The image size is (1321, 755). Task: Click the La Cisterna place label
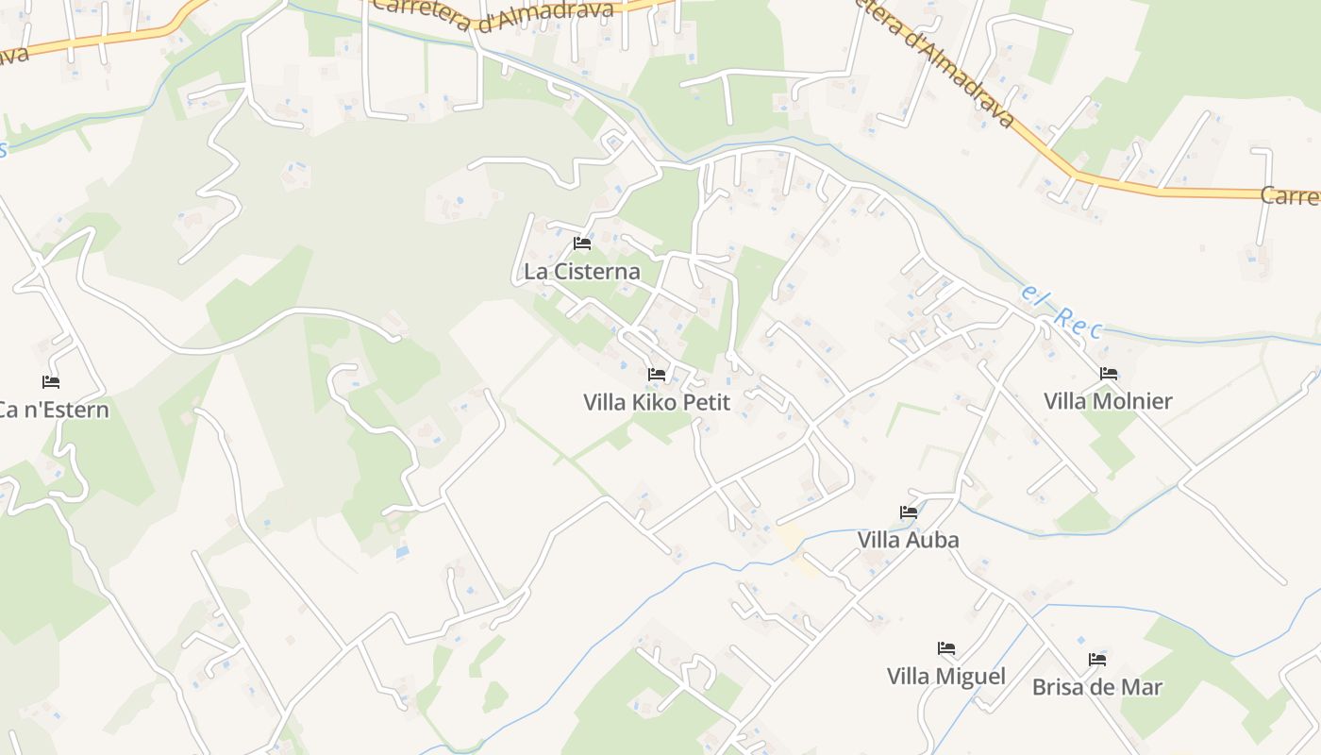(x=582, y=272)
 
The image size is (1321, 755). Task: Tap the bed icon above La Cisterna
(x=582, y=243)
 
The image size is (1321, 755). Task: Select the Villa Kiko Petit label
(x=657, y=402)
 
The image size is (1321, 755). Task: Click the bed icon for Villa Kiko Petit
(x=657, y=375)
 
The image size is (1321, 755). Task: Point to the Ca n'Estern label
(x=53, y=410)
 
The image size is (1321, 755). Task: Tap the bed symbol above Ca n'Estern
(x=51, y=382)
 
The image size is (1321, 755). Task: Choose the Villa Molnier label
(x=1108, y=401)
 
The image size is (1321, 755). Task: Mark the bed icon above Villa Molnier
(x=1109, y=374)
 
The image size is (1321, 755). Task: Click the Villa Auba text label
(x=908, y=540)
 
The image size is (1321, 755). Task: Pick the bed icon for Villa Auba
(x=909, y=512)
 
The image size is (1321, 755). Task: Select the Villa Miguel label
(x=945, y=676)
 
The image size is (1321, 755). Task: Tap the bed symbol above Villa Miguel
(x=946, y=648)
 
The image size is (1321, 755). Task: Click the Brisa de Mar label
(x=1097, y=686)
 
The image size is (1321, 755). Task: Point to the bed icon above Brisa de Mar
(x=1097, y=660)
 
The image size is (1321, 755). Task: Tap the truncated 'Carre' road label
(x=1291, y=196)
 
